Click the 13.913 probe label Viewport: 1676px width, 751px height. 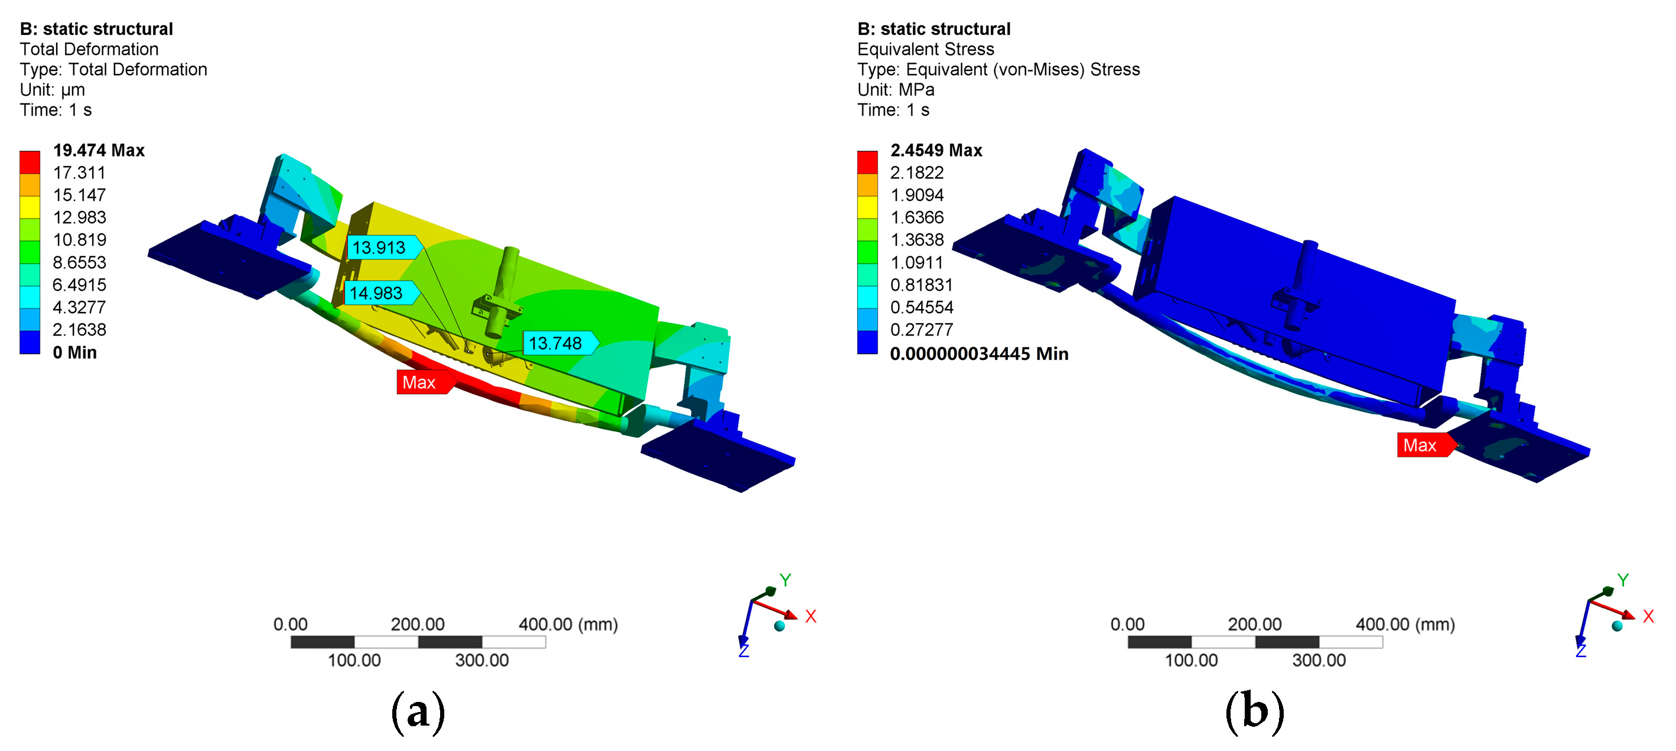380,248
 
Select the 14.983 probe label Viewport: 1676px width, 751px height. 377,293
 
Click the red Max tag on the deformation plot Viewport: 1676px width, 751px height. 419,382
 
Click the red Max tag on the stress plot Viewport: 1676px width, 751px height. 1420,445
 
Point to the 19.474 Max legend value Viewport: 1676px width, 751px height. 98,150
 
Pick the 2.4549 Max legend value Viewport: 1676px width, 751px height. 936,150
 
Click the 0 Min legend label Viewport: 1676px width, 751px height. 74,352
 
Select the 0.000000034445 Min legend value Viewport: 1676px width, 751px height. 978,353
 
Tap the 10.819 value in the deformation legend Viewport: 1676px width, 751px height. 79,239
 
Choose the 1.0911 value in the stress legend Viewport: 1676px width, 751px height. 916,262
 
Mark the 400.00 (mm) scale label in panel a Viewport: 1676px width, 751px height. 567,624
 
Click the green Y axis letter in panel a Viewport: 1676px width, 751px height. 785,580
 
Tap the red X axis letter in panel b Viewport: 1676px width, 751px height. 1648,616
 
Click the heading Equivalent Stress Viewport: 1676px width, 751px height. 925,50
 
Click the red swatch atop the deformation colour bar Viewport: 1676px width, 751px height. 30,162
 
